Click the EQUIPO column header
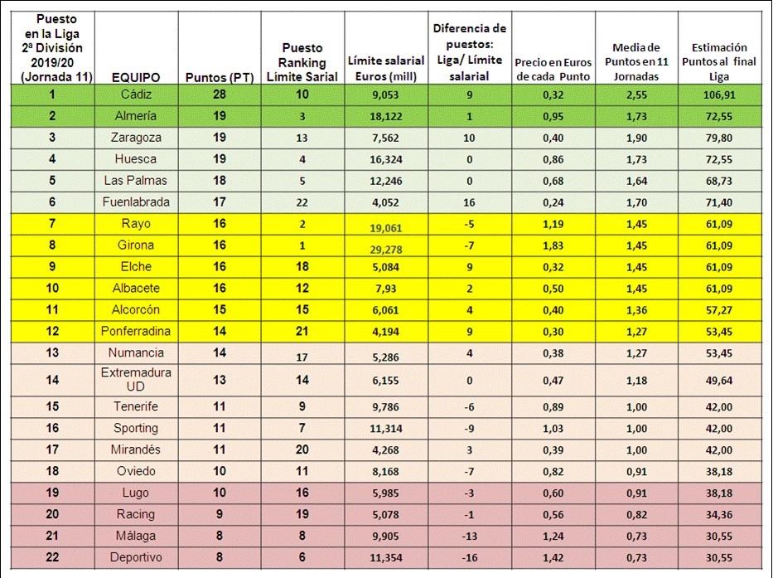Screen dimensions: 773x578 [136, 77]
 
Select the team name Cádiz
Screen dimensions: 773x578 [136, 95]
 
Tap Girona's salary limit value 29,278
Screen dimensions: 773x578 [386, 250]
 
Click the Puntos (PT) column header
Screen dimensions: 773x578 [220, 77]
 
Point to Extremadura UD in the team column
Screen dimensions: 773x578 [136, 380]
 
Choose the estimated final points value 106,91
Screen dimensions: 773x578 [719, 95]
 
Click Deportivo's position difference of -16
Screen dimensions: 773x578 [469, 558]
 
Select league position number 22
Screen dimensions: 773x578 [52, 557]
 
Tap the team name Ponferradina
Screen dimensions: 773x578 [136, 331]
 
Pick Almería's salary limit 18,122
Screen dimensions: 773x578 [386, 116]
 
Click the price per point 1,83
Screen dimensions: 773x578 [553, 245]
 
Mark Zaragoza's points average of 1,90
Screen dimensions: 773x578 [636, 138]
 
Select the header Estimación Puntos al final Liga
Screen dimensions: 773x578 [719, 62]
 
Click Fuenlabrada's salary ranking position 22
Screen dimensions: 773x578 [302, 203]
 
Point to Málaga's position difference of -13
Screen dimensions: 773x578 [469, 537]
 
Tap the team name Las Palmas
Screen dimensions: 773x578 [136, 181]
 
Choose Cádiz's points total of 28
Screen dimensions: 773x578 [220, 95]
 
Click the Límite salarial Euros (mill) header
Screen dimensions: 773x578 [386, 69]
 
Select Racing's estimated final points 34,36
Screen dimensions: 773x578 [719, 515]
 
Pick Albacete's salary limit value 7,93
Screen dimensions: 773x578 [386, 289]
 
